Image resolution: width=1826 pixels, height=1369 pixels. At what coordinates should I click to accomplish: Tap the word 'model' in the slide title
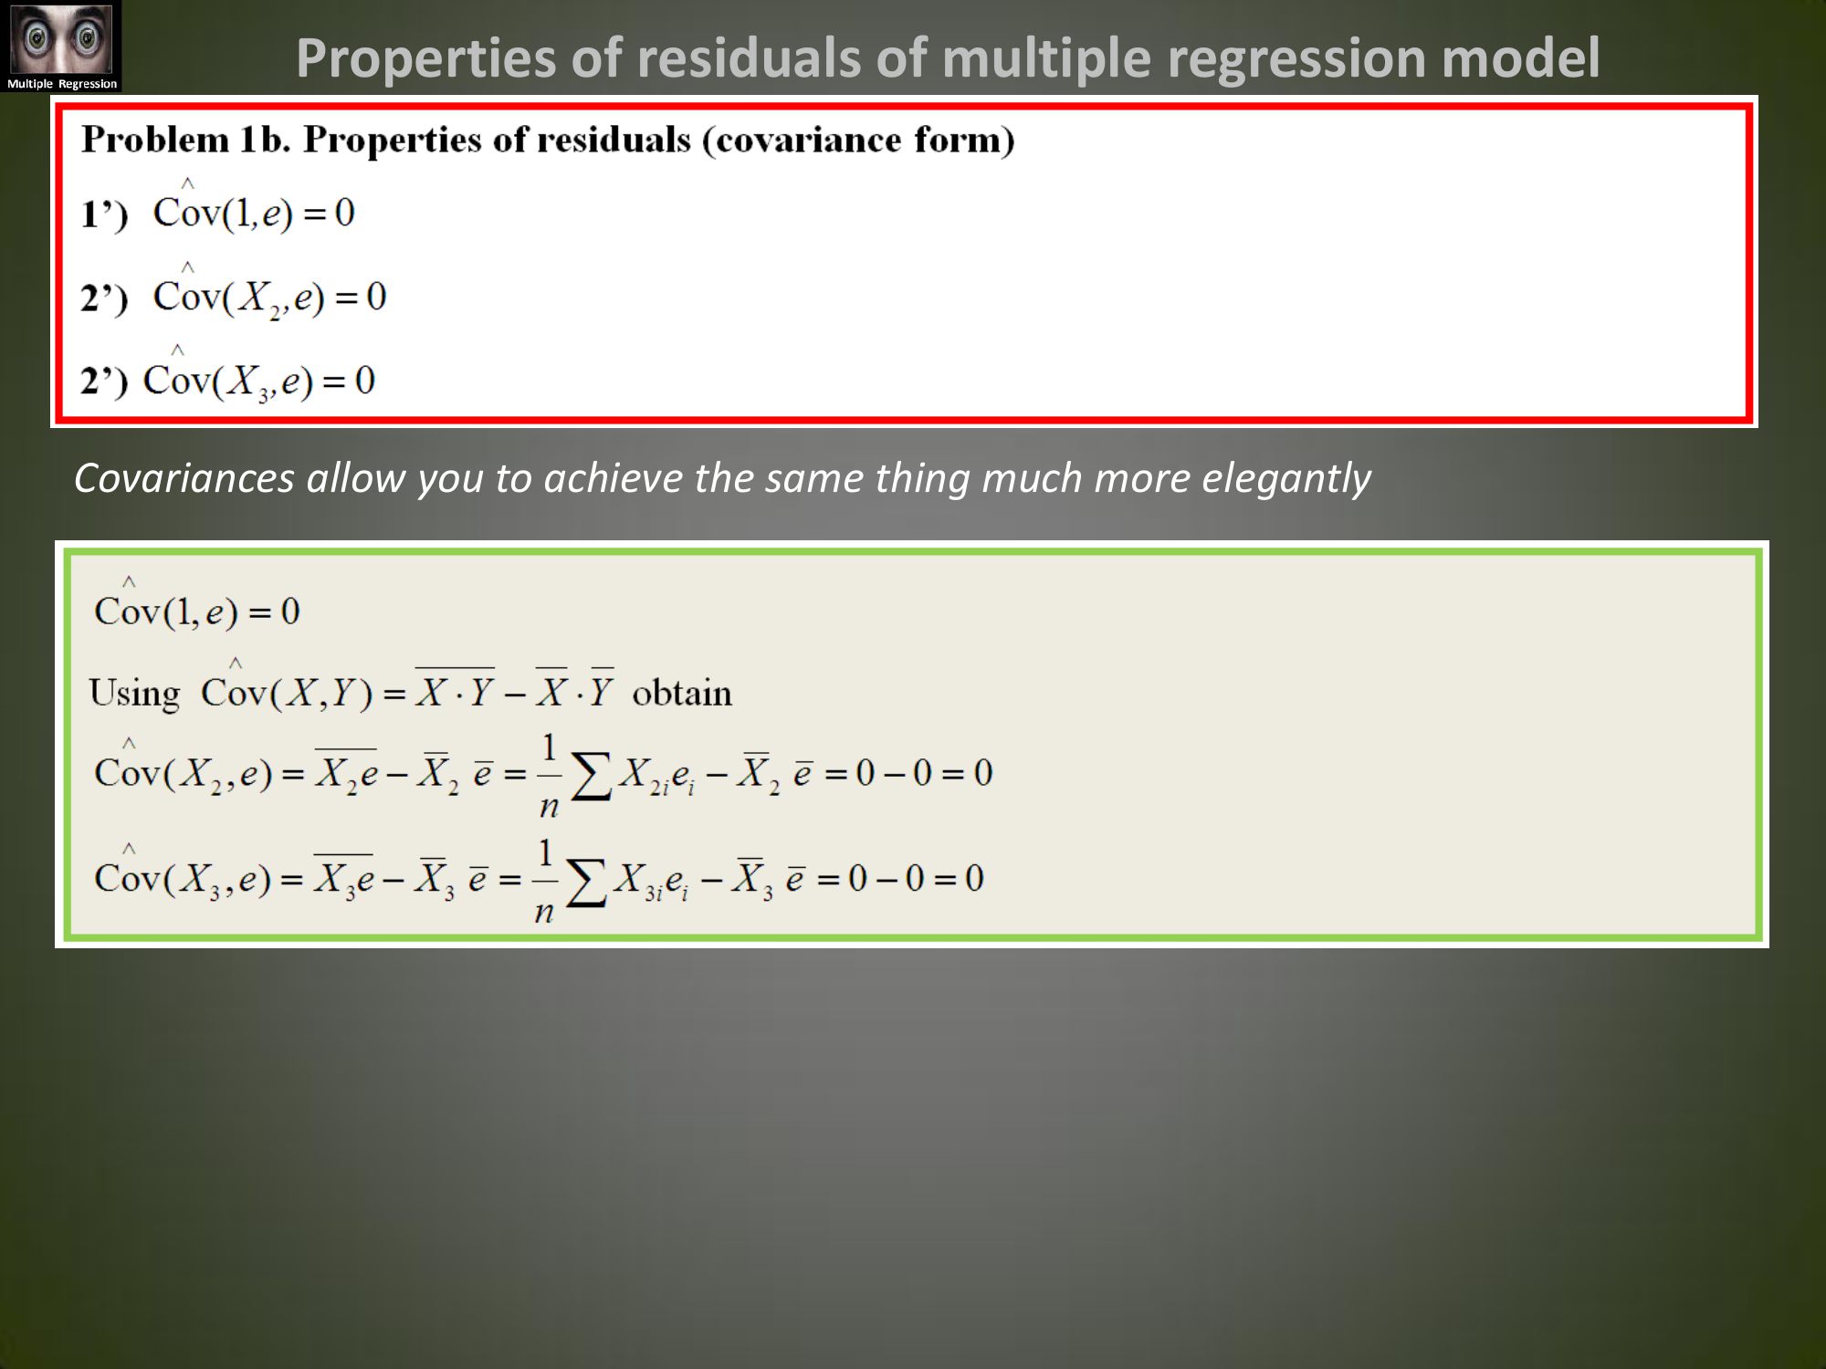point(1520,57)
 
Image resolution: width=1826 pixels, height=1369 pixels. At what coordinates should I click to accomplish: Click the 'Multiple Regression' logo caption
point(62,84)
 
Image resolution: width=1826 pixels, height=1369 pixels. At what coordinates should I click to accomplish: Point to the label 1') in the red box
point(104,214)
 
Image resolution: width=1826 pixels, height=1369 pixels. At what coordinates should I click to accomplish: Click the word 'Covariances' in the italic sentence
point(184,477)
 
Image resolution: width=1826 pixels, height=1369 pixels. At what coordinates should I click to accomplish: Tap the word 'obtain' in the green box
point(682,694)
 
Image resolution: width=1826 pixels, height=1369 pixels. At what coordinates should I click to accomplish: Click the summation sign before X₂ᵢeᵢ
point(591,777)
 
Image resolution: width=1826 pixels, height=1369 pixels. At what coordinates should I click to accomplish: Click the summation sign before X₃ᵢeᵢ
point(586,883)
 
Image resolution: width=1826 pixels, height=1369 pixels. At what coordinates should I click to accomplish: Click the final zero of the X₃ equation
point(974,878)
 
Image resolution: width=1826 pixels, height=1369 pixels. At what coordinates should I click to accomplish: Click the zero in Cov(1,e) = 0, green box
point(290,611)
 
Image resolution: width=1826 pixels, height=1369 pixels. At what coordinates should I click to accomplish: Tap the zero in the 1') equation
point(344,213)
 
